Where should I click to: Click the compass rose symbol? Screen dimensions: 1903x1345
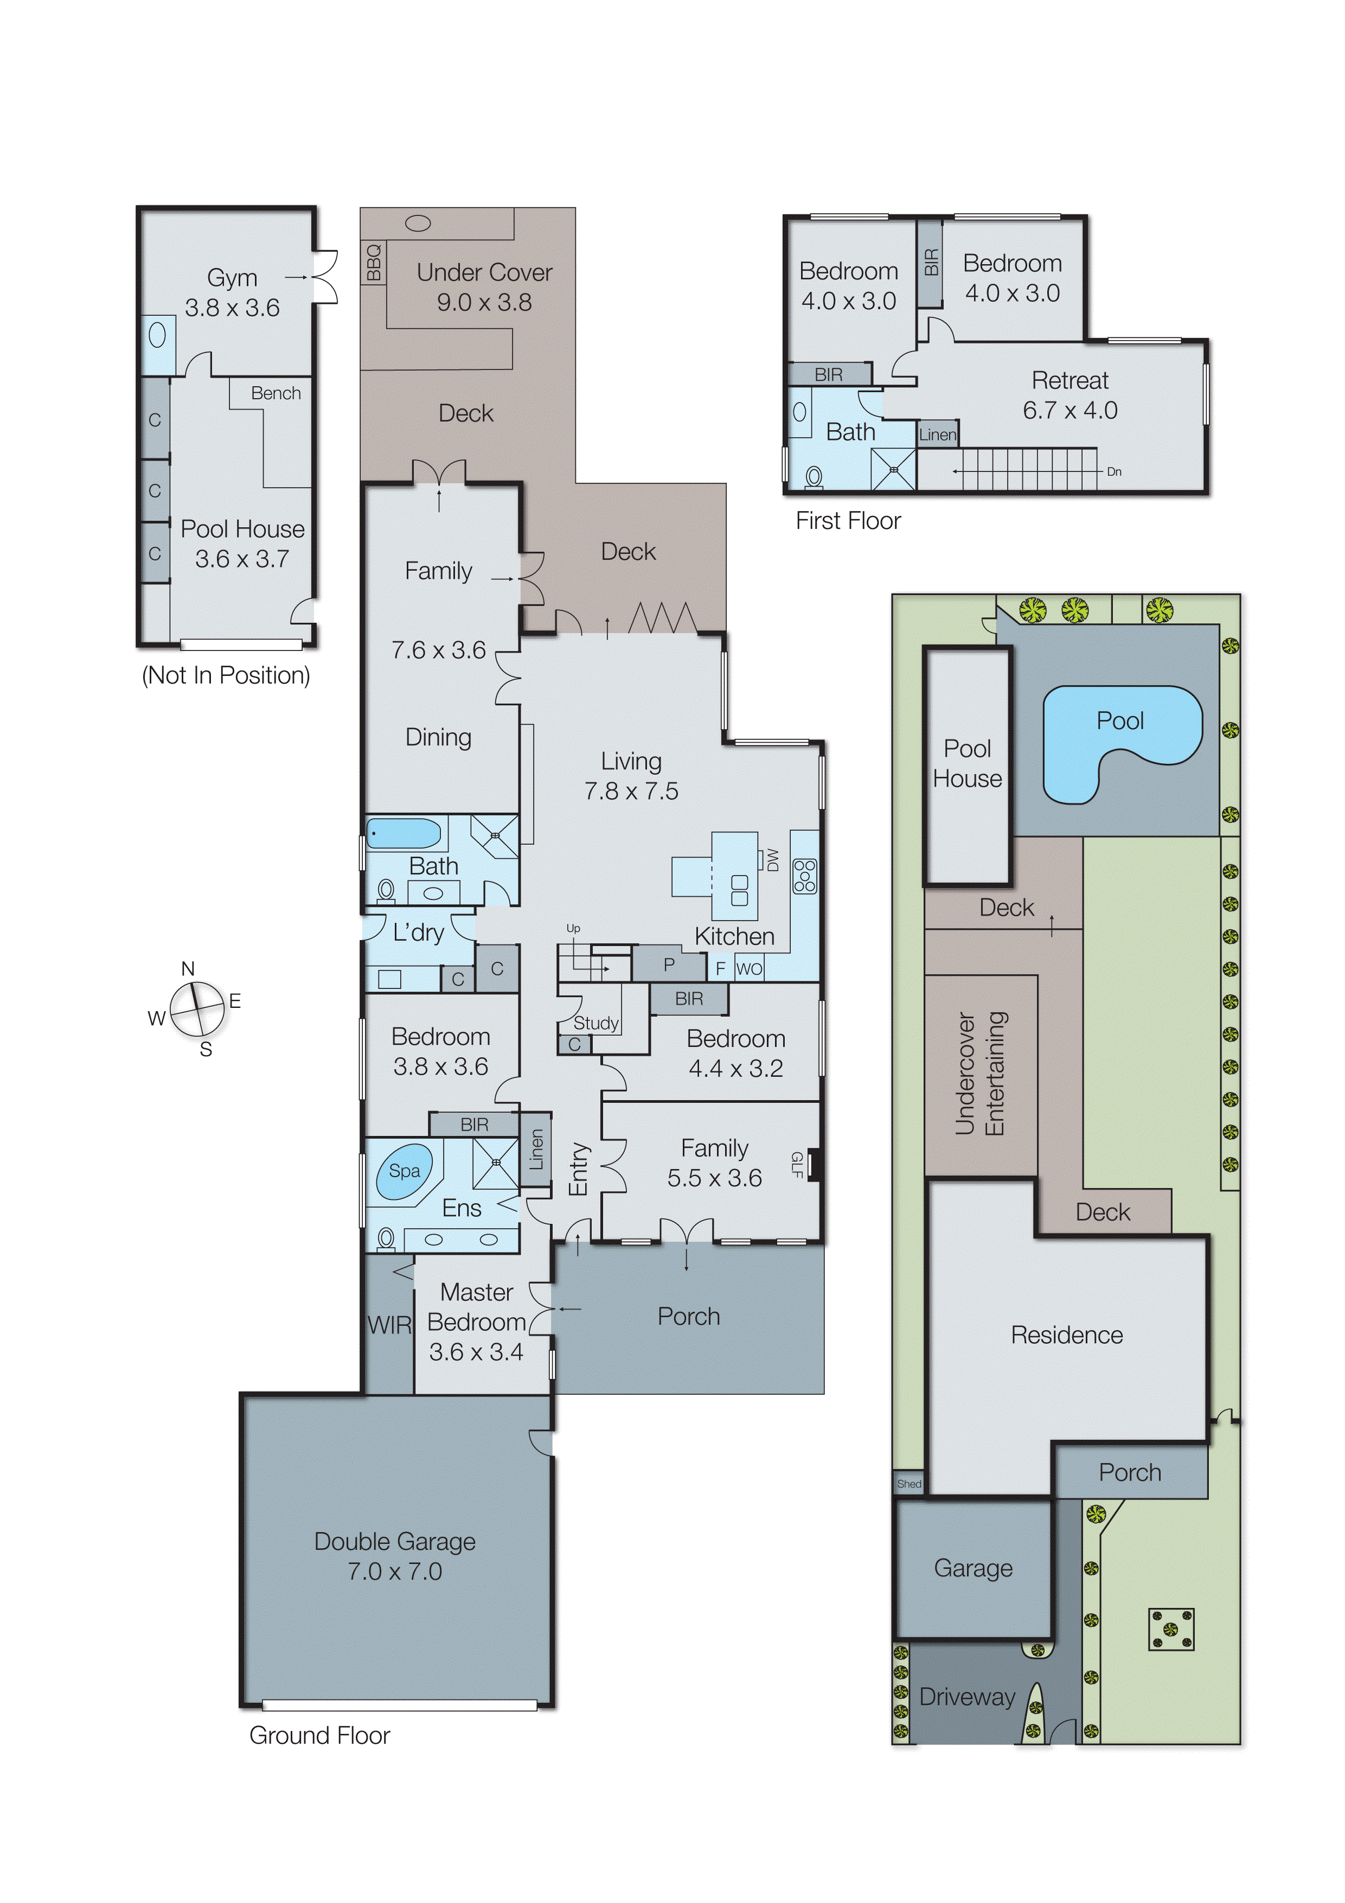pyautogui.click(x=197, y=1008)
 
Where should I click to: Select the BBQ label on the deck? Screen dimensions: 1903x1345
pyautogui.click(x=374, y=262)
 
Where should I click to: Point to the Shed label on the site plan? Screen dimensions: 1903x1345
pyautogui.click(x=908, y=1484)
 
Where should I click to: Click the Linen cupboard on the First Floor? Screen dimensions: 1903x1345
pyautogui.click(x=937, y=435)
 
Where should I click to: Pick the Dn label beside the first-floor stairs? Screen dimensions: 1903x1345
pyautogui.click(x=1114, y=471)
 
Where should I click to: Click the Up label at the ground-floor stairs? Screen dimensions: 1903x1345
pyautogui.click(x=573, y=928)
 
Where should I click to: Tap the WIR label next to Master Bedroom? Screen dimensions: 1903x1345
pyautogui.click(x=389, y=1325)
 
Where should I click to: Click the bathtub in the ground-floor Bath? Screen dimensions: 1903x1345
pyautogui.click(x=403, y=834)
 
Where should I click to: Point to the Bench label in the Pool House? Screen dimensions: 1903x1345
pyautogui.click(x=276, y=393)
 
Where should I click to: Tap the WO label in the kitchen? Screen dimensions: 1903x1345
pyautogui.click(x=748, y=969)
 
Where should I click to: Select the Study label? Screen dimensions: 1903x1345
pyautogui.click(x=596, y=1023)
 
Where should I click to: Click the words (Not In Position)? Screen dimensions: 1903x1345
pyautogui.click(x=226, y=675)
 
